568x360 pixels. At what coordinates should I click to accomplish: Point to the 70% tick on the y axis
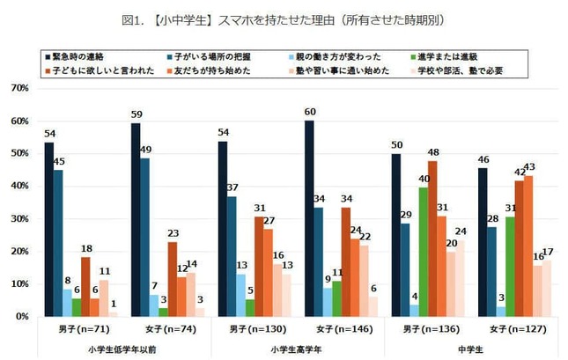(x=21, y=89)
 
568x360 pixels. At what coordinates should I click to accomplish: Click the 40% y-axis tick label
(x=21, y=187)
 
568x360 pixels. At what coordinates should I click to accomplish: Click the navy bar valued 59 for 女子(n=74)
(x=135, y=220)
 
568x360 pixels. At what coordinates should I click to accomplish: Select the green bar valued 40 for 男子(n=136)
(x=423, y=252)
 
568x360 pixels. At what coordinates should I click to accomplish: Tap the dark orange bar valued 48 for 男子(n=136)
(x=432, y=239)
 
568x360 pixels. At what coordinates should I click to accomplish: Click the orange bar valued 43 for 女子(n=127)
(x=528, y=246)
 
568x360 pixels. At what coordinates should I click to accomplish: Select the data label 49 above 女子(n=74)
(x=145, y=150)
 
